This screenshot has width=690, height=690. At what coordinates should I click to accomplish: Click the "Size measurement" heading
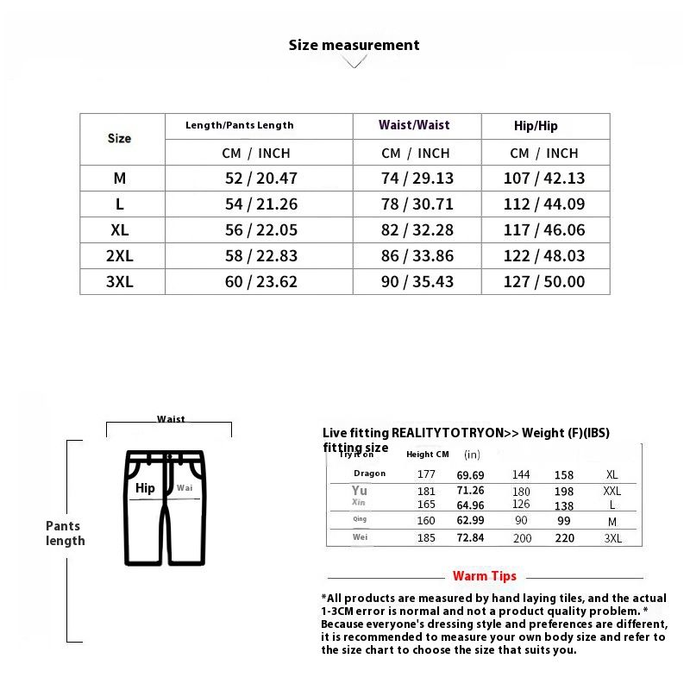(354, 45)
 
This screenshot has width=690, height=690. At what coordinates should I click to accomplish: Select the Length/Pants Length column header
(240, 125)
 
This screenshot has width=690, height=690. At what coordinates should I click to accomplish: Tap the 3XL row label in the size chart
(120, 282)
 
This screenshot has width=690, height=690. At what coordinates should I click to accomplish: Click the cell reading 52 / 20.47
(260, 179)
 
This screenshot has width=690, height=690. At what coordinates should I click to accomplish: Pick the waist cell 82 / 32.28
(417, 230)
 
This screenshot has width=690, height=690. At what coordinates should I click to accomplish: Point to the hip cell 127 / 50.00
(544, 282)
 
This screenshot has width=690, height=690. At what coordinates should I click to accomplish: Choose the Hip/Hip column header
(536, 126)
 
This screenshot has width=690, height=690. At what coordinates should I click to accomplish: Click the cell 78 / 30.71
(417, 204)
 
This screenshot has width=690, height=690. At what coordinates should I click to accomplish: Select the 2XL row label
(120, 256)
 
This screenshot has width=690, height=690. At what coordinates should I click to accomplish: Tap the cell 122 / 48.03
(544, 256)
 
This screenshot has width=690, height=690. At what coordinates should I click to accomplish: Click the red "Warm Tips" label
(485, 576)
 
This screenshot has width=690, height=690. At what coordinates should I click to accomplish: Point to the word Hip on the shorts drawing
(145, 488)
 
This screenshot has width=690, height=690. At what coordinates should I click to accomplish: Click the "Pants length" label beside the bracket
(66, 533)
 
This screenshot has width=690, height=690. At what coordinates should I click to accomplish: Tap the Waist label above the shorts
(171, 419)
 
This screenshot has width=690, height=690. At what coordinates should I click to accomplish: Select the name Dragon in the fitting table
(369, 474)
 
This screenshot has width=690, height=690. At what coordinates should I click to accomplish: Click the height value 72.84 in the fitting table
(470, 538)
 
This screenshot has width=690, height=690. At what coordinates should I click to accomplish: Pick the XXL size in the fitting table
(612, 491)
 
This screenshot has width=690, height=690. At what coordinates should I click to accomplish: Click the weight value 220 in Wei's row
(564, 538)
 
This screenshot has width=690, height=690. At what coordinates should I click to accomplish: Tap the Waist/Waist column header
(414, 125)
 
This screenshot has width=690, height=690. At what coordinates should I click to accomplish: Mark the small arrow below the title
(354, 63)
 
